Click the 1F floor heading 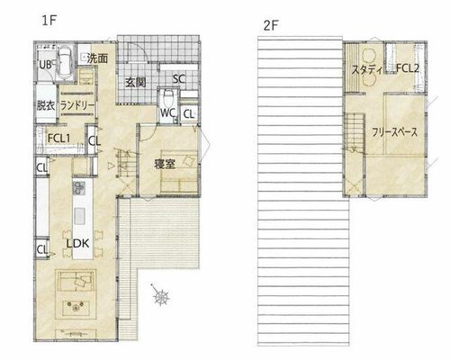point(49,21)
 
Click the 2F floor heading point(271,26)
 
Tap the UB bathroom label point(45,65)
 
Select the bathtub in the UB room point(64,62)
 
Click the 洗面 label point(97,58)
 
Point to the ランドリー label point(77,106)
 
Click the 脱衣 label point(46,105)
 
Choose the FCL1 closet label point(59,139)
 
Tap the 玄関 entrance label point(136,82)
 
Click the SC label point(179,79)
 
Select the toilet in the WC point(168,97)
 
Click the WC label point(167,113)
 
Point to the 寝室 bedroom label point(165,164)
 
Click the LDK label point(77,244)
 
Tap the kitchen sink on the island point(80,216)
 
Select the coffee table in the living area point(76,308)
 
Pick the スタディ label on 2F point(367,70)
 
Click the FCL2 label point(407,68)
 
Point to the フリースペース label point(395,132)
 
